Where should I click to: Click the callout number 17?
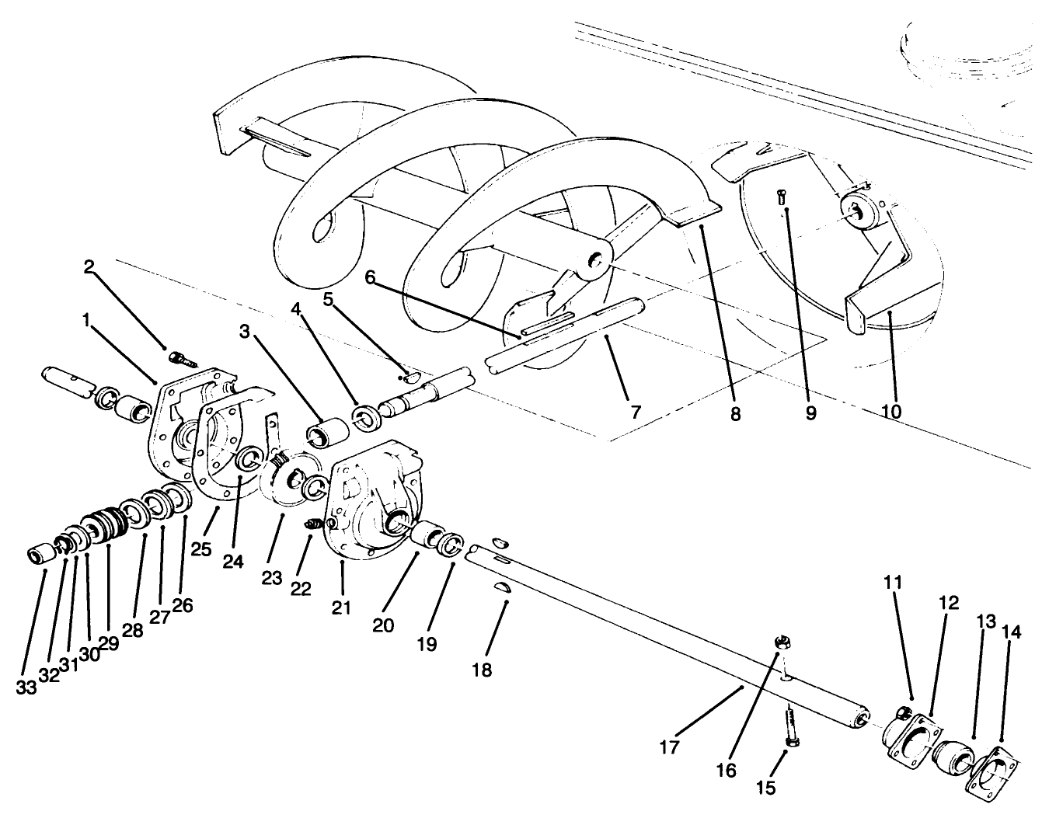pyautogui.click(x=669, y=747)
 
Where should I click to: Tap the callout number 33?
pyautogui.click(x=26, y=687)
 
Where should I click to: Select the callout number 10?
pyautogui.click(x=891, y=410)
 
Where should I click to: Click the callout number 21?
pyautogui.click(x=342, y=607)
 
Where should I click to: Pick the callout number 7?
pyautogui.click(x=636, y=412)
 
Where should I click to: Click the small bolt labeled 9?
pyautogui.click(x=782, y=197)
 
